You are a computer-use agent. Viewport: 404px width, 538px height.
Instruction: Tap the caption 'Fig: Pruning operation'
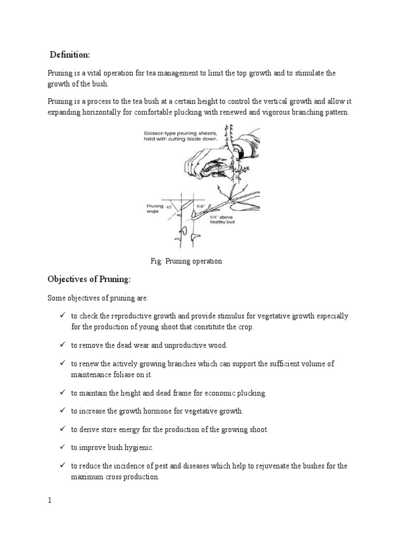(x=186, y=261)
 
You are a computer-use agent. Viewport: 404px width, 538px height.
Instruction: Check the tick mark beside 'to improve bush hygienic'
(x=62, y=447)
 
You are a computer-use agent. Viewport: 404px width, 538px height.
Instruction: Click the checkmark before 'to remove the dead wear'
(x=62, y=345)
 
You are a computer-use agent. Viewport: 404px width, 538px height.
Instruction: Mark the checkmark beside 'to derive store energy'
(x=62, y=429)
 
